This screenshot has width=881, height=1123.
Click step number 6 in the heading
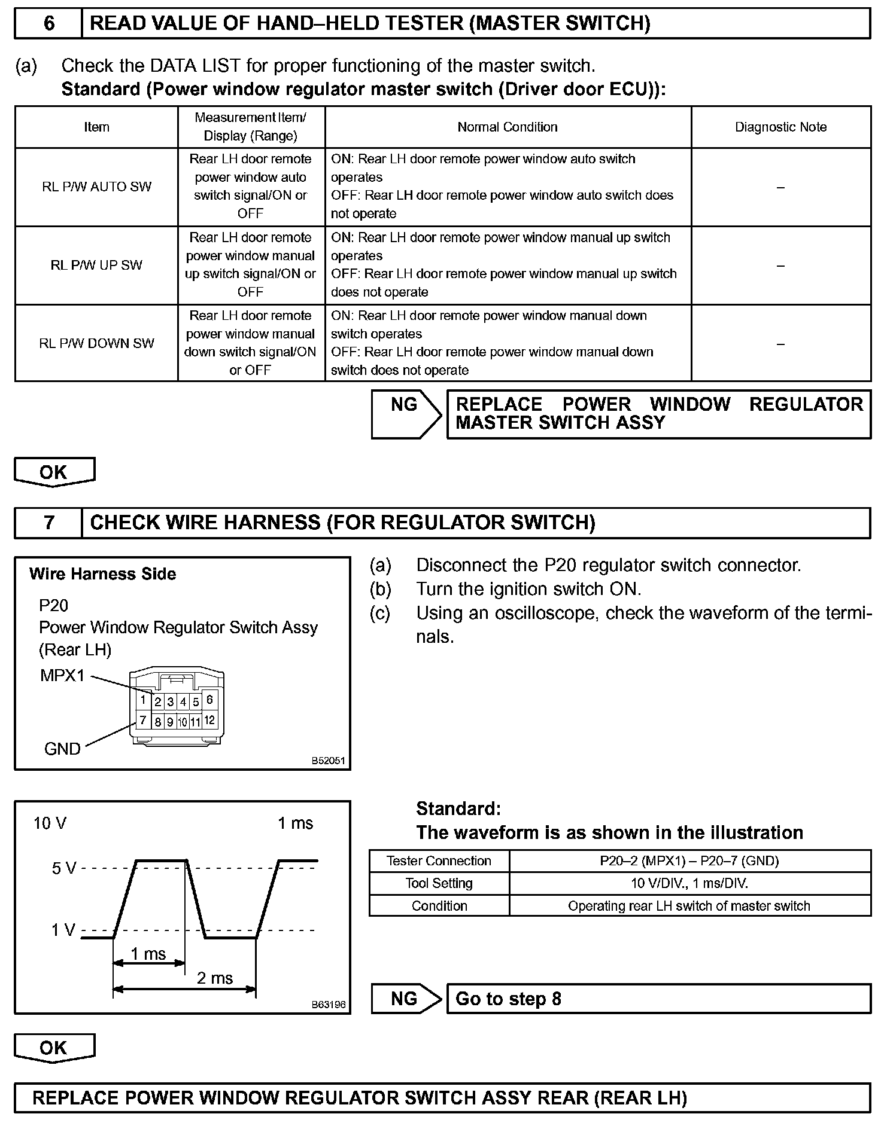[x=49, y=23]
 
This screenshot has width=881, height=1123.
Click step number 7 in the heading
[x=49, y=523]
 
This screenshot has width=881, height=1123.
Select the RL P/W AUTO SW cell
[x=96, y=187]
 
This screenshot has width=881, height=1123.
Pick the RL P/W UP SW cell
[x=96, y=265]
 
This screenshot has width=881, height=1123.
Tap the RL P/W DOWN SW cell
[x=96, y=343]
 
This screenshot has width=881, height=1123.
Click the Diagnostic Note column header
[x=780, y=127]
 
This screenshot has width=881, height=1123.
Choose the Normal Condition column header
[x=508, y=127]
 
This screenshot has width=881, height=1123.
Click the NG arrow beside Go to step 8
[x=405, y=999]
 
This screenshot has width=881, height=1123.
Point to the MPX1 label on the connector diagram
[x=62, y=676]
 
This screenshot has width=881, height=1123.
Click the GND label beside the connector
[x=62, y=749]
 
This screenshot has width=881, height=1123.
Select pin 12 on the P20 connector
[x=209, y=720]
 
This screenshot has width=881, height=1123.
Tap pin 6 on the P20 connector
[x=209, y=700]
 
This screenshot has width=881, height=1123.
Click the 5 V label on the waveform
[x=64, y=868]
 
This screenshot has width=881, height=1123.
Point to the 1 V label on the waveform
[x=63, y=930]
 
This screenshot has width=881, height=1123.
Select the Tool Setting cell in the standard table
[x=439, y=883]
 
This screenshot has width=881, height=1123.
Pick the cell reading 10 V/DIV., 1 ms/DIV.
[x=689, y=883]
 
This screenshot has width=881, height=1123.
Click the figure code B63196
[x=329, y=1005]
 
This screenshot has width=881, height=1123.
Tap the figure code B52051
[x=329, y=761]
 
